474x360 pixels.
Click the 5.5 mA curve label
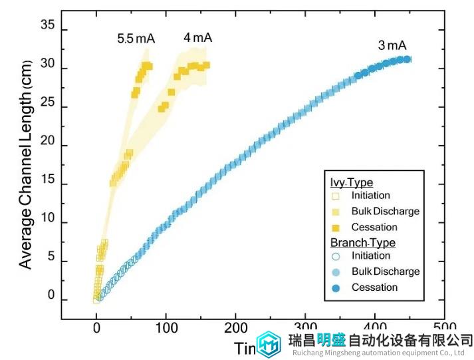click(136, 39)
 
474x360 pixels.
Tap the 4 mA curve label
click(198, 38)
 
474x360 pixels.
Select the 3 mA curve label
click(392, 46)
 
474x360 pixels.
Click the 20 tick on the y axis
click(51, 146)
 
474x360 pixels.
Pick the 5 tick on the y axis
click(53, 262)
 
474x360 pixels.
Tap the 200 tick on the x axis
click(235, 327)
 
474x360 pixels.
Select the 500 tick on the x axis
click(444, 327)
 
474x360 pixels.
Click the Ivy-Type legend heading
click(352, 182)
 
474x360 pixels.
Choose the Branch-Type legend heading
click(363, 242)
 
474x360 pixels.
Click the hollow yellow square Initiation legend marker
click(336, 196)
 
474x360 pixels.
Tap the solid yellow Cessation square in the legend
click(336, 228)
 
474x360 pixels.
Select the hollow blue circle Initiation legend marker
click(336, 256)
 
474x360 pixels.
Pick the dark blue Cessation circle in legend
click(336, 287)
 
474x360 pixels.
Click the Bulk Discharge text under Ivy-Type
click(386, 212)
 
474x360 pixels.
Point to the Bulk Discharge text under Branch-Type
click(386, 271)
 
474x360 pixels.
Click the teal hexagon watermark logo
click(269, 344)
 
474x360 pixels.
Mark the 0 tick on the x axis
click(96, 327)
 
